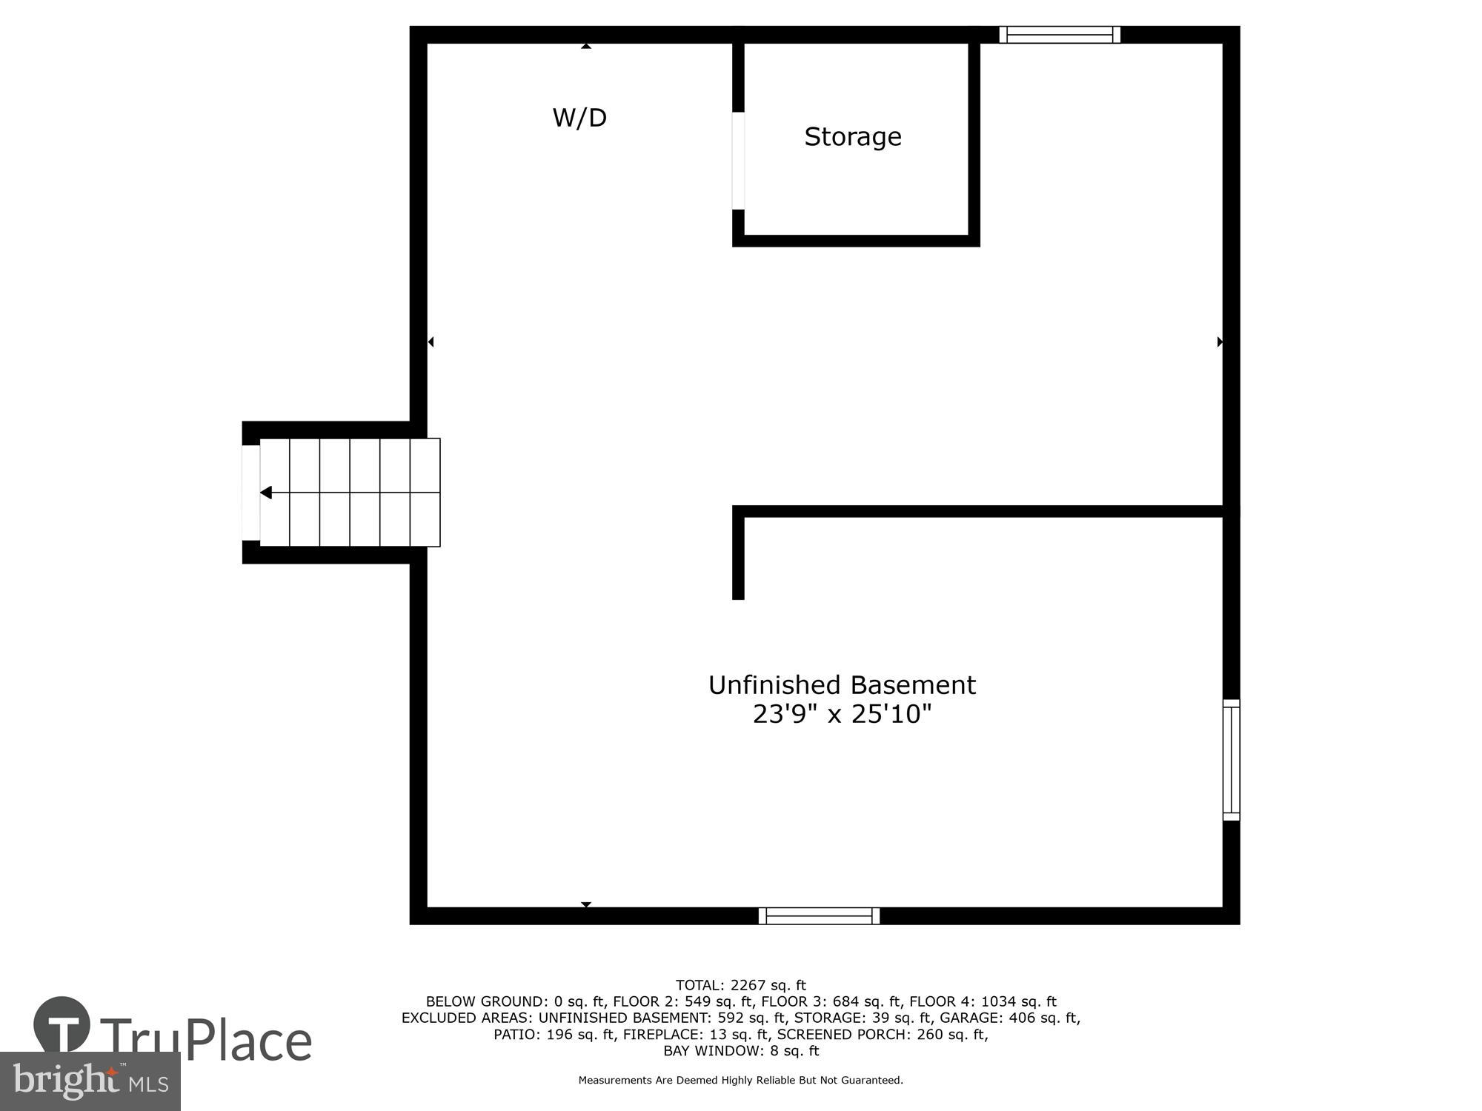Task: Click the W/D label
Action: click(579, 118)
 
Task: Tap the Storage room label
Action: click(853, 137)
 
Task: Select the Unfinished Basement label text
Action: click(842, 685)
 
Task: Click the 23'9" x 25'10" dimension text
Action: click(842, 714)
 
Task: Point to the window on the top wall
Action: click(1060, 35)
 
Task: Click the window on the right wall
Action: click(1231, 760)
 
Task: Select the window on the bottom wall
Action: click(819, 916)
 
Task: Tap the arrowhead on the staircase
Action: click(266, 493)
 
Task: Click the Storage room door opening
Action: click(738, 161)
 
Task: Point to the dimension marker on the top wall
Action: click(586, 46)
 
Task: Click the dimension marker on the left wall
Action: click(431, 341)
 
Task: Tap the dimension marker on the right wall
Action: click(1220, 341)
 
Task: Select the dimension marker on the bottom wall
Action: click(586, 904)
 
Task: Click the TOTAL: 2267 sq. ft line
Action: click(740, 985)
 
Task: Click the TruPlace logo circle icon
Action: click(62, 1025)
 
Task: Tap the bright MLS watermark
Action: click(90, 1082)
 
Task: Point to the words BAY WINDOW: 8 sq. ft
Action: click(740, 1050)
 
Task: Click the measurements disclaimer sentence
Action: click(740, 1080)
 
